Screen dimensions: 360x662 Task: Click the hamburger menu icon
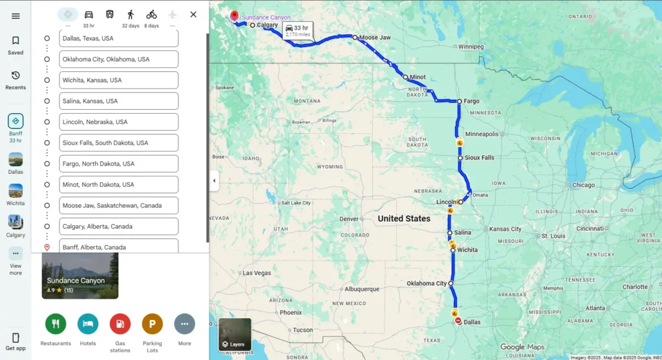16,16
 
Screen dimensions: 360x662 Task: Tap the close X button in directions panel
193,14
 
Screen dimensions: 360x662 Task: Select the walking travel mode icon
131,14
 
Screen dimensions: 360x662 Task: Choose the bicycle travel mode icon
151,14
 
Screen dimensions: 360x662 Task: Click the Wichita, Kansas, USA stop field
119,80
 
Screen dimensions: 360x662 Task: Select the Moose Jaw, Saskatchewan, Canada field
119,206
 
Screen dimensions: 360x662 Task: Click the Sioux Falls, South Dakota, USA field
119,143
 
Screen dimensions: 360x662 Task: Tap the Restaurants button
56,324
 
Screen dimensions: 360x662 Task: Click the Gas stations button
120,324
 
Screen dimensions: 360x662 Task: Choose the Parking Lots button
153,324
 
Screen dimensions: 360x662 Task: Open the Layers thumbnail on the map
235,334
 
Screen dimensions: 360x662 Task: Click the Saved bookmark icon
16,41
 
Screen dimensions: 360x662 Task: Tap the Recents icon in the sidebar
16,76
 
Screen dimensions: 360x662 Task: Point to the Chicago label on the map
583,185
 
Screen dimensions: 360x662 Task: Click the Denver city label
348,219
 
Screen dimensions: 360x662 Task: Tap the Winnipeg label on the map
471,47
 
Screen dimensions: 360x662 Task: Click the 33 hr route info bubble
297,30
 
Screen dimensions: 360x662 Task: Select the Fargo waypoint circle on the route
459,101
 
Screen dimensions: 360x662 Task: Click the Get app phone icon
16,338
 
